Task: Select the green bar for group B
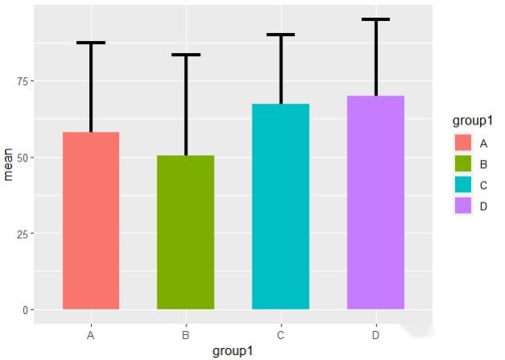point(186,232)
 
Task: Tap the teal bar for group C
point(281,207)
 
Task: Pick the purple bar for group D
point(376,202)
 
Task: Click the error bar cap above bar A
point(91,43)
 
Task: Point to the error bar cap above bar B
point(186,55)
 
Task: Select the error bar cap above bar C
point(281,35)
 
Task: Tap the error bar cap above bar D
point(376,19)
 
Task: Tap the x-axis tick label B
point(186,334)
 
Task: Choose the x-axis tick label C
point(281,334)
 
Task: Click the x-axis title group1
point(233,351)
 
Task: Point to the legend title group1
point(472,121)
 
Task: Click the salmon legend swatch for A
point(462,143)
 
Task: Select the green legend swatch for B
point(462,164)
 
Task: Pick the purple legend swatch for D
point(462,206)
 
